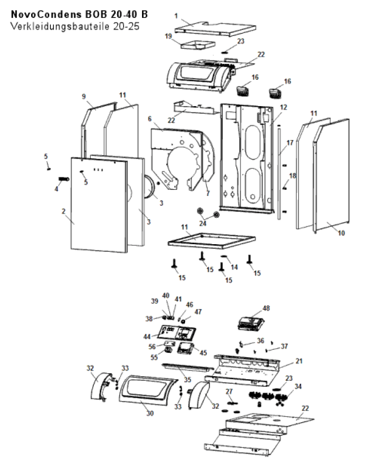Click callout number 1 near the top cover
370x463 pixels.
click(x=176, y=16)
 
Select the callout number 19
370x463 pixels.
click(x=168, y=36)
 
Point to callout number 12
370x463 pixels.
click(x=283, y=107)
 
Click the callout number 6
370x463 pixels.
click(x=150, y=119)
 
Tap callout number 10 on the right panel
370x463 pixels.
click(x=342, y=233)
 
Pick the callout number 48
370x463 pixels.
click(x=266, y=308)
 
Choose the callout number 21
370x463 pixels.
click(x=299, y=361)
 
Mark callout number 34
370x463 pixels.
click(x=298, y=386)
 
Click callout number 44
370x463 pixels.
click(x=147, y=336)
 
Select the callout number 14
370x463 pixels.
click(x=234, y=267)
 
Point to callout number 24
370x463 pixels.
click(x=203, y=223)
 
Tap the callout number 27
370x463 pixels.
click(x=229, y=392)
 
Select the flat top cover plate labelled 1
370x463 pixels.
click(x=215, y=29)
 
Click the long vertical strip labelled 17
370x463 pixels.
click(x=279, y=172)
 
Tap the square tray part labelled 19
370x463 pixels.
click(x=198, y=46)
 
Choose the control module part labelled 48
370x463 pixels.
click(x=251, y=323)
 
